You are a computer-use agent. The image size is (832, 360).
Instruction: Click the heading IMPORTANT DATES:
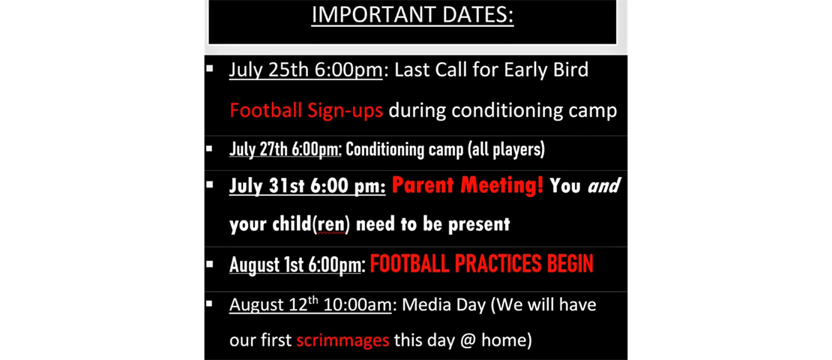[412, 15]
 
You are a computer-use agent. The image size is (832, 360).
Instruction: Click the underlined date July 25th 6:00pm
[306, 70]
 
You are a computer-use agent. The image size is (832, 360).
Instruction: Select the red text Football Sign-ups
[306, 111]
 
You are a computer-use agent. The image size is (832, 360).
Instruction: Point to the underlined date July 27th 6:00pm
[285, 149]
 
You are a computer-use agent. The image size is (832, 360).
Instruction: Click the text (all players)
[506, 149]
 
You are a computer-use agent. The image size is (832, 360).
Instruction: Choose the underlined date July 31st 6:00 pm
[307, 186]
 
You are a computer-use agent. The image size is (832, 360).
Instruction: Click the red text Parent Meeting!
[468, 185]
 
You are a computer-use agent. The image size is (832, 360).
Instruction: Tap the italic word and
[603, 186]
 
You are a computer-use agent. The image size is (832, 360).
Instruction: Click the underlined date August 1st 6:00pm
[297, 265]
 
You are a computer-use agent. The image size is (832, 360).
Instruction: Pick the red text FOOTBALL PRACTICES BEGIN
[482, 264]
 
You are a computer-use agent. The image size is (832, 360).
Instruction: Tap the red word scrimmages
[343, 340]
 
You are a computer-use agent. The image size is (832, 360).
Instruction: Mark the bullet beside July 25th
[210, 69]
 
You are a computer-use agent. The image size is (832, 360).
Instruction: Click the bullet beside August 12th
[210, 304]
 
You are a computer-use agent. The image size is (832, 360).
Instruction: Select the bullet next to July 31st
[210, 184]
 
